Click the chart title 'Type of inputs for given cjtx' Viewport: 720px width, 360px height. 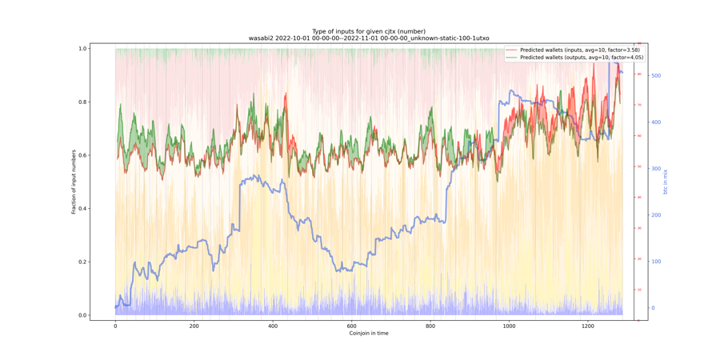369,31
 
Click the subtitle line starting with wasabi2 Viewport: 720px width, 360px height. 369,38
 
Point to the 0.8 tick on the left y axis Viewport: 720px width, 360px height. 82,102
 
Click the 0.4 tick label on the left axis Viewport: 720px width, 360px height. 82,209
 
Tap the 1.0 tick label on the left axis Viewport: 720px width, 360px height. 82,49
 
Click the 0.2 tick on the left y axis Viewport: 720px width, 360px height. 82,262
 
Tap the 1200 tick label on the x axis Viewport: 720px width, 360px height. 588,326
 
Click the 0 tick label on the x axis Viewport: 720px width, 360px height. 115,326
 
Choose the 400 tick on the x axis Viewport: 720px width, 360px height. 273,326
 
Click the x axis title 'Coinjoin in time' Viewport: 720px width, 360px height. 369,334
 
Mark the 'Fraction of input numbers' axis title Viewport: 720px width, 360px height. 74,182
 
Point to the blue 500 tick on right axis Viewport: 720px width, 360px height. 656,76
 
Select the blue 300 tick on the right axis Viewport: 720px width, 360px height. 656,169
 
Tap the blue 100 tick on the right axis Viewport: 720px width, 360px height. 656,262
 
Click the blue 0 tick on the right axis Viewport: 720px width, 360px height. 654,308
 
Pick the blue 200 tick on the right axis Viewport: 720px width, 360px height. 656,215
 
